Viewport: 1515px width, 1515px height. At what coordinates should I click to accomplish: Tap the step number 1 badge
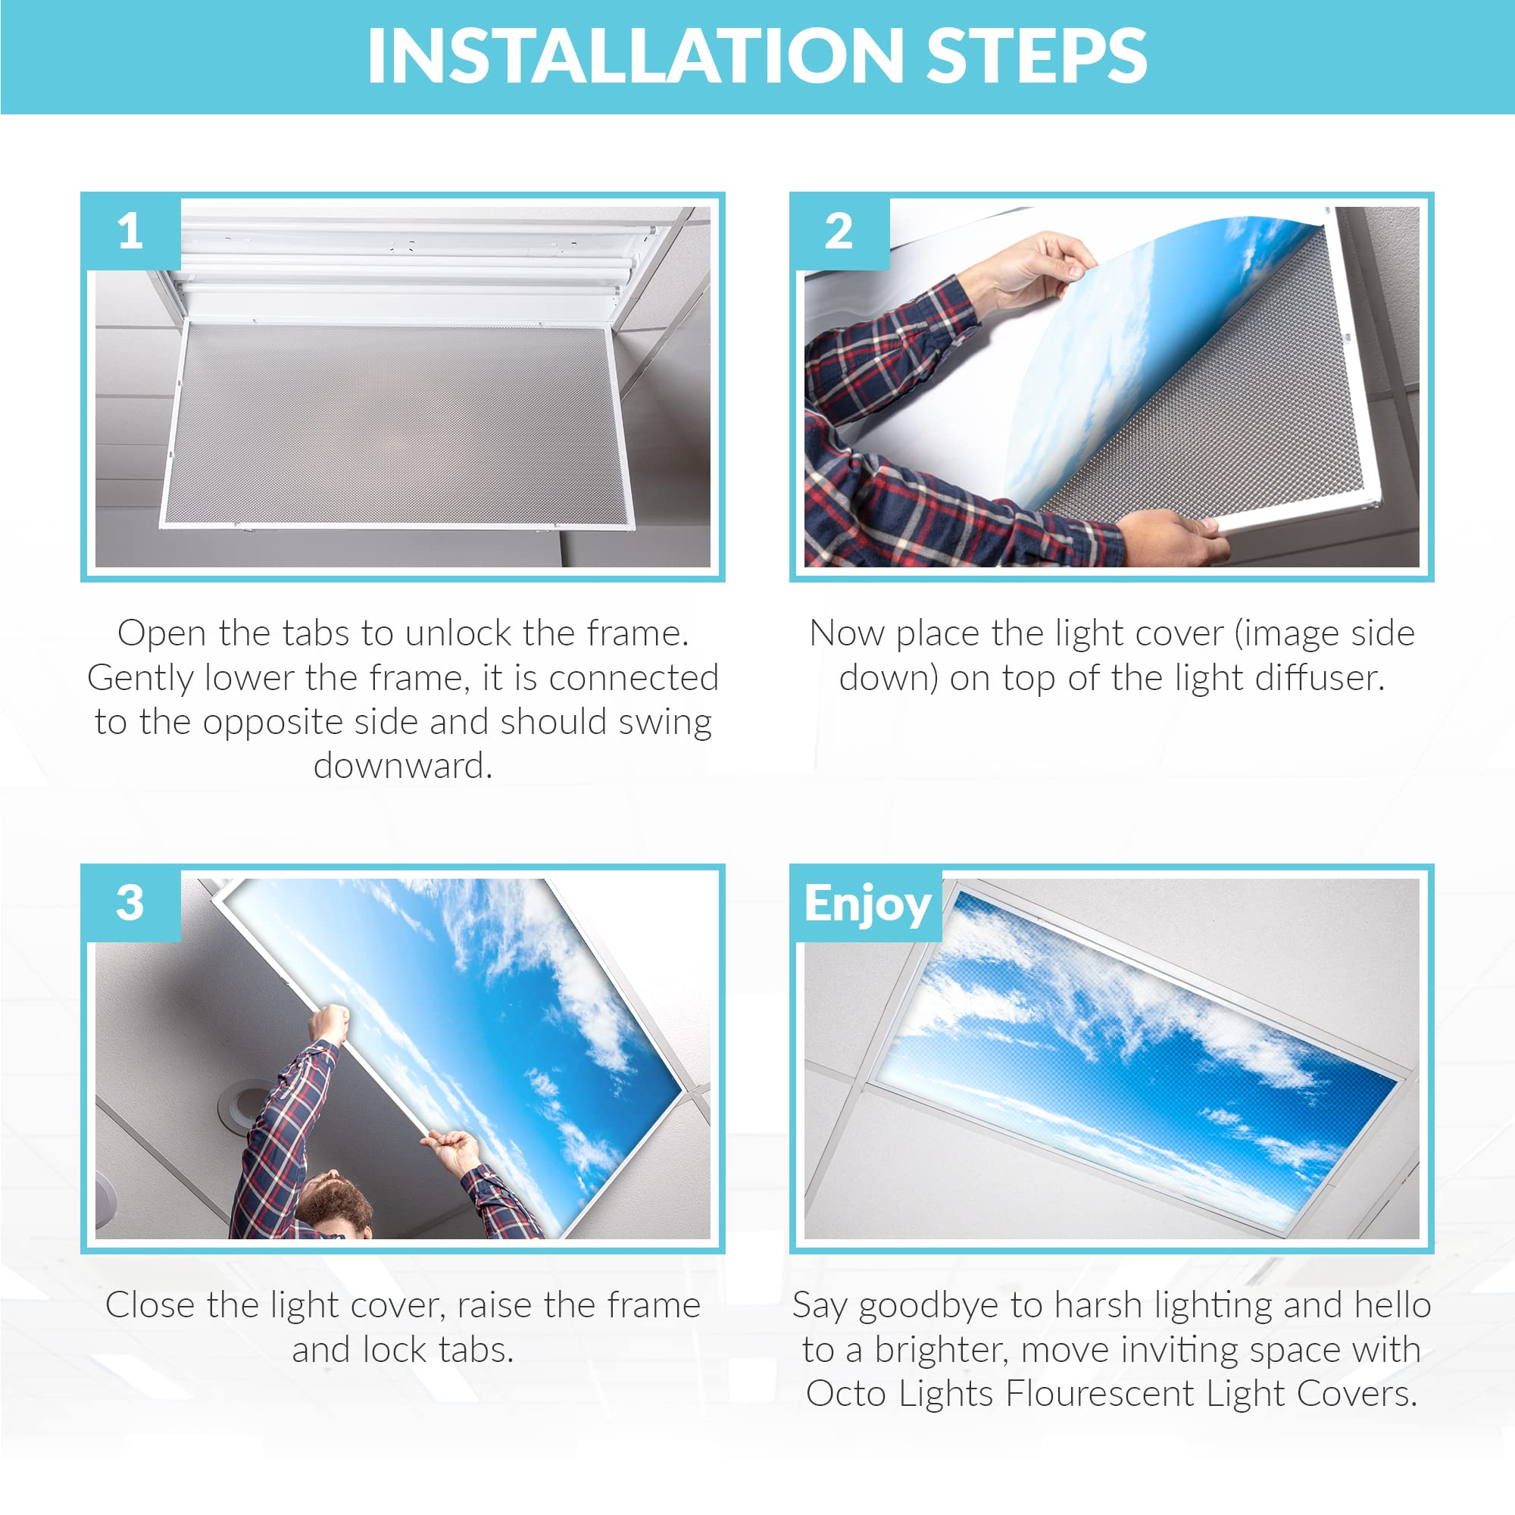tap(131, 232)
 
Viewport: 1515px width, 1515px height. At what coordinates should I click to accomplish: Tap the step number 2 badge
tap(839, 232)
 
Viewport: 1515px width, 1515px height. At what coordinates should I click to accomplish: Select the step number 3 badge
tap(131, 904)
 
